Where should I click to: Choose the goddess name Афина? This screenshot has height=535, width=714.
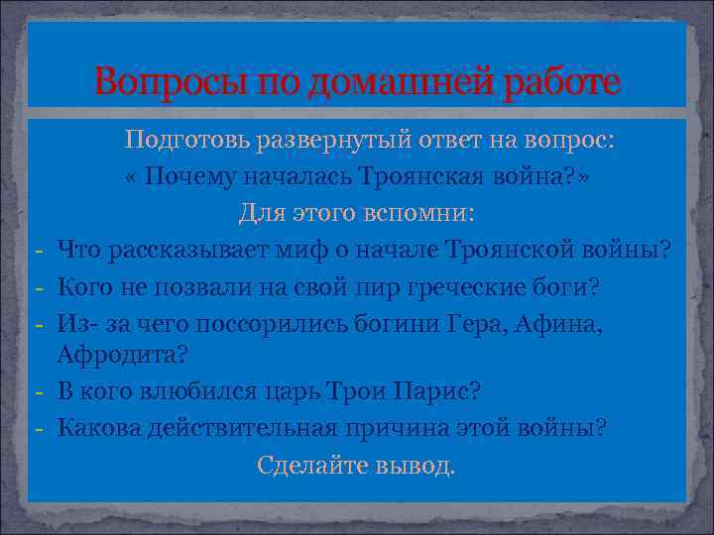564,323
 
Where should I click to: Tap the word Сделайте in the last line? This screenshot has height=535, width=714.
304,465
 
